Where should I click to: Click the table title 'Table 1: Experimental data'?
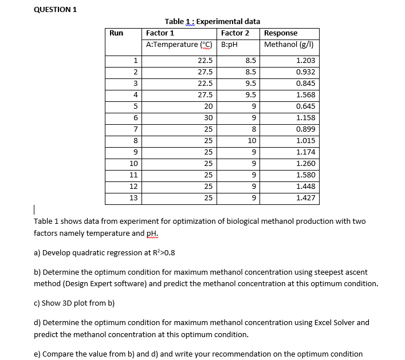click(212, 21)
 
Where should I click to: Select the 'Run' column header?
click(116, 33)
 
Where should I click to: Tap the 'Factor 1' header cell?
click(160, 33)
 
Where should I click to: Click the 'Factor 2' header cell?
click(235, 33)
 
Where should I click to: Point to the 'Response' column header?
click(281, 33)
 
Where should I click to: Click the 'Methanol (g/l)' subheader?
click(288, 45)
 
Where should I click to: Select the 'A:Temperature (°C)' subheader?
click(179, 45)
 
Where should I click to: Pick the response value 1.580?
click(305, 175)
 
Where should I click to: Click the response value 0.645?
click(305, 106)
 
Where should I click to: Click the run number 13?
click(133, 198)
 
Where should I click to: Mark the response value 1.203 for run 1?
click(305, 61)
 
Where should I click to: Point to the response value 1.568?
click(305, 95)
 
